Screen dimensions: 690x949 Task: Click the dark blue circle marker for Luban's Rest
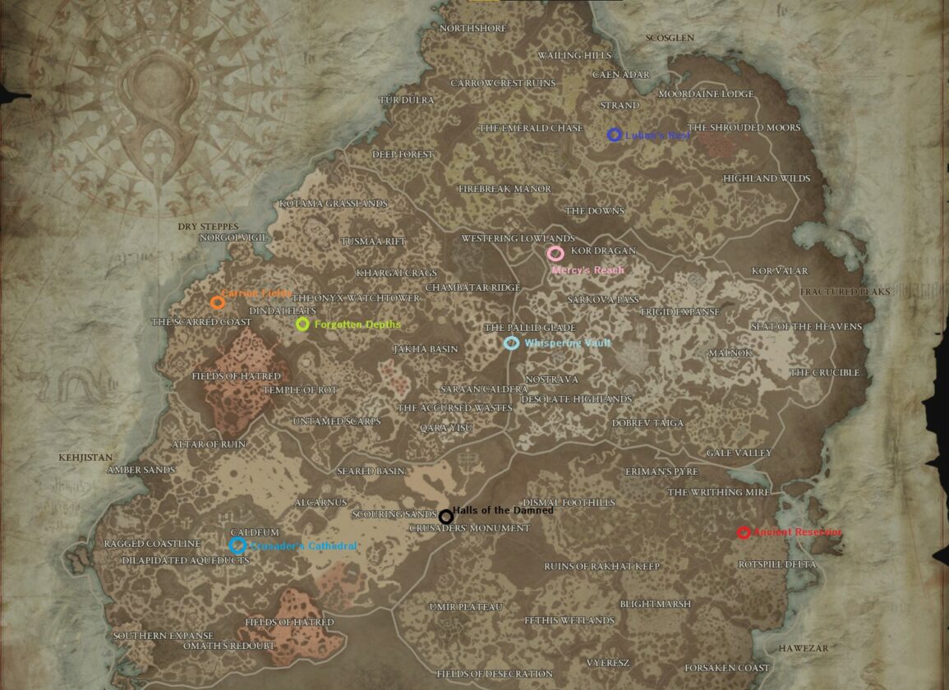(x=614, y=135)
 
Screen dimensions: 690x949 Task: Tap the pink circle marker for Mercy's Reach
(x=555, y=254)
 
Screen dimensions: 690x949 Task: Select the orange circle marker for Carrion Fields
(x=218, y=302)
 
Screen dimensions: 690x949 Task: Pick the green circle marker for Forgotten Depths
(x=302, y=324)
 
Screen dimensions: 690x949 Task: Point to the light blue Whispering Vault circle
(x=511, y=343)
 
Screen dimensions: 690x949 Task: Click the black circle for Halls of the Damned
(x=445, y=517)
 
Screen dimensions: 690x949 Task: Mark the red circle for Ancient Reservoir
(x=744, y=532)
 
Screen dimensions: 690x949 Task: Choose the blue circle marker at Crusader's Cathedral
(x=237, y=545)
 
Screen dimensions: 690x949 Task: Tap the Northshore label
(x=473, y=29)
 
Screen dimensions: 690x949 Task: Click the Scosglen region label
(x=670, y=39)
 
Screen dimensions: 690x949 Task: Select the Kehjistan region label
(x=85, y=458)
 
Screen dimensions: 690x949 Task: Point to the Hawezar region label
(x=804, y=648)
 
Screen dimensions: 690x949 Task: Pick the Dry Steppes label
(x=208, y=227)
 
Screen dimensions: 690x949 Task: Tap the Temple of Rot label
(x=300, y=390)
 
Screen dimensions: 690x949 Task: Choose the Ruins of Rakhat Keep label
(x=601, y=567)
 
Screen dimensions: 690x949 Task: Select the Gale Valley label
(x=739, y=453)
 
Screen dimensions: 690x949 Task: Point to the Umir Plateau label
(x=465, y=607)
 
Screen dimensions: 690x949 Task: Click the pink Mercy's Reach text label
(x=587, y=270)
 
